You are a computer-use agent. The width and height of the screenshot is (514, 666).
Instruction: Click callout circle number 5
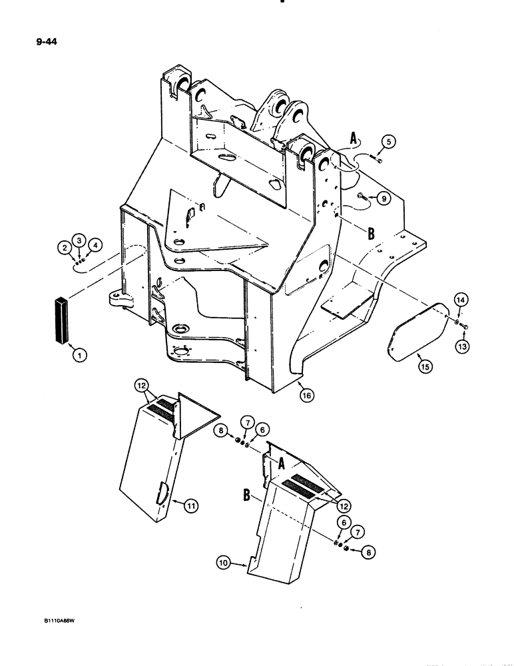point(388,141)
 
